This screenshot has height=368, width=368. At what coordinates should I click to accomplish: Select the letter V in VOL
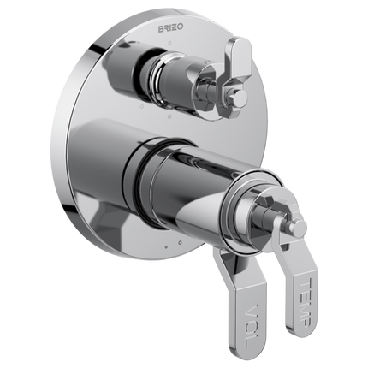pyautogui.click(x=252, y=311)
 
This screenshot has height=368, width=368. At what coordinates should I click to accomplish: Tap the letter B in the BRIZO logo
pyautogui.click(x=162, y=28)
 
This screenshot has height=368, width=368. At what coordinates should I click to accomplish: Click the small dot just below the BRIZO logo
pyautogui.click(x=169, y=43)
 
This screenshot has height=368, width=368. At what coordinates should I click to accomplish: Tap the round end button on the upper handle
pyautogui.click(x=240, y=97)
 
